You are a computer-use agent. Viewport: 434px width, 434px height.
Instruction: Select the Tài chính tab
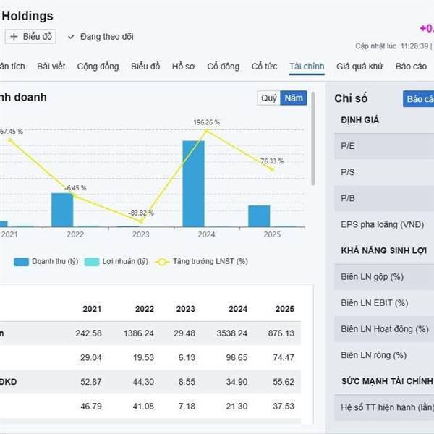(307, 67)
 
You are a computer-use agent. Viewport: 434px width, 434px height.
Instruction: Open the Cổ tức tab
(264, 67)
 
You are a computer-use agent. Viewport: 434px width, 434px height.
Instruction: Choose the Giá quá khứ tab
(359, 67)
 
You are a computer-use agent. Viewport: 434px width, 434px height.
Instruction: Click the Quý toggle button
(268, 98)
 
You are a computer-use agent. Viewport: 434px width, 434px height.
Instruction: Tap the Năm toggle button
(294, 98)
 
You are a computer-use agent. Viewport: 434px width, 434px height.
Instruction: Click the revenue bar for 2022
(62, 209)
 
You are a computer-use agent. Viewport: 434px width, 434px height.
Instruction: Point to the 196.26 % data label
(207, 122)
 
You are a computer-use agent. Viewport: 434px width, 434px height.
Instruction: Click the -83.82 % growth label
(141, 213)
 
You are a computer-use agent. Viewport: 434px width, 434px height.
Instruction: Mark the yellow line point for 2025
(272, 169)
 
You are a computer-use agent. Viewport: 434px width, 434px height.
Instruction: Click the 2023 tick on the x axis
(141, 234)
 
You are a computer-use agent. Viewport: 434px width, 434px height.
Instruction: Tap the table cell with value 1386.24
(139, 333)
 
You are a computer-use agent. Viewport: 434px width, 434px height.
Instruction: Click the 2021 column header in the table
(92, 309)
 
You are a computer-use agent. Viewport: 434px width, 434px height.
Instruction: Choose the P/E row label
(348, 146)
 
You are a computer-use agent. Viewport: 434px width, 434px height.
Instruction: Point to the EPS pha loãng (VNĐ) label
(382, 225)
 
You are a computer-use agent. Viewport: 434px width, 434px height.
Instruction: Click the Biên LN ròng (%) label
(373, 355)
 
